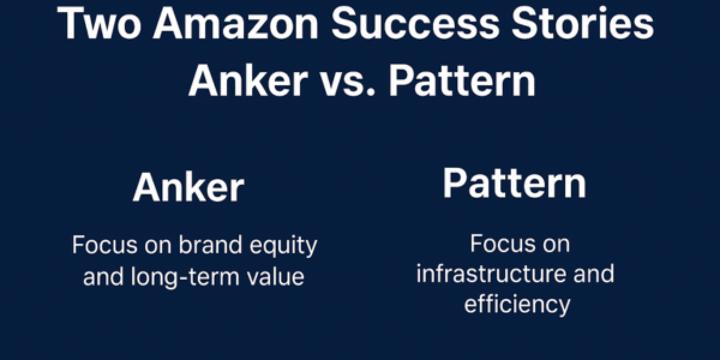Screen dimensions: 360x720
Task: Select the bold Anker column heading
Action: [x=188, y=187]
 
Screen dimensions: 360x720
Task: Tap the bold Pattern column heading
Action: [x=514, y=184]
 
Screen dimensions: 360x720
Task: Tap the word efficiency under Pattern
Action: [x=516, y=305]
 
